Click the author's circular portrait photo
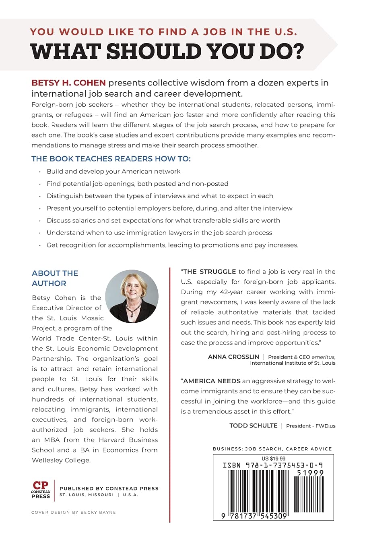tap(132, 297)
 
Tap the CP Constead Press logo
tap(41, 490)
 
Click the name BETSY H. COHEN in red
tap(68, 83)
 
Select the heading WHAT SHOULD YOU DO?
tap(167, 51)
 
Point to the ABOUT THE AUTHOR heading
tap(55, 278)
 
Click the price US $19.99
tap(273, 459)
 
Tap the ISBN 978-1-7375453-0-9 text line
tap(273, 465)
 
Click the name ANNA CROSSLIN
tap(233, 357)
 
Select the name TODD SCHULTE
tap(253, 426)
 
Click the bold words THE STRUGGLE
tap(210, 272)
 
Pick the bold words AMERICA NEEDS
tap(212, 381)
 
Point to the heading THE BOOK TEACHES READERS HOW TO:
tap(111, 159)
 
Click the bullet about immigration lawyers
tap(159, 232)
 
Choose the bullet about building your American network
tap(113, 171)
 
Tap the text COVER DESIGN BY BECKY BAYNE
tap(74, 513)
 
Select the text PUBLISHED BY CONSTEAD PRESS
tap(109, 488)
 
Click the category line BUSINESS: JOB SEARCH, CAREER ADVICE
tap(272, 449)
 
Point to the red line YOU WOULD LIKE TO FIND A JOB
tap(164, 32)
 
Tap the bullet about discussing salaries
tap(163, 220)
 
